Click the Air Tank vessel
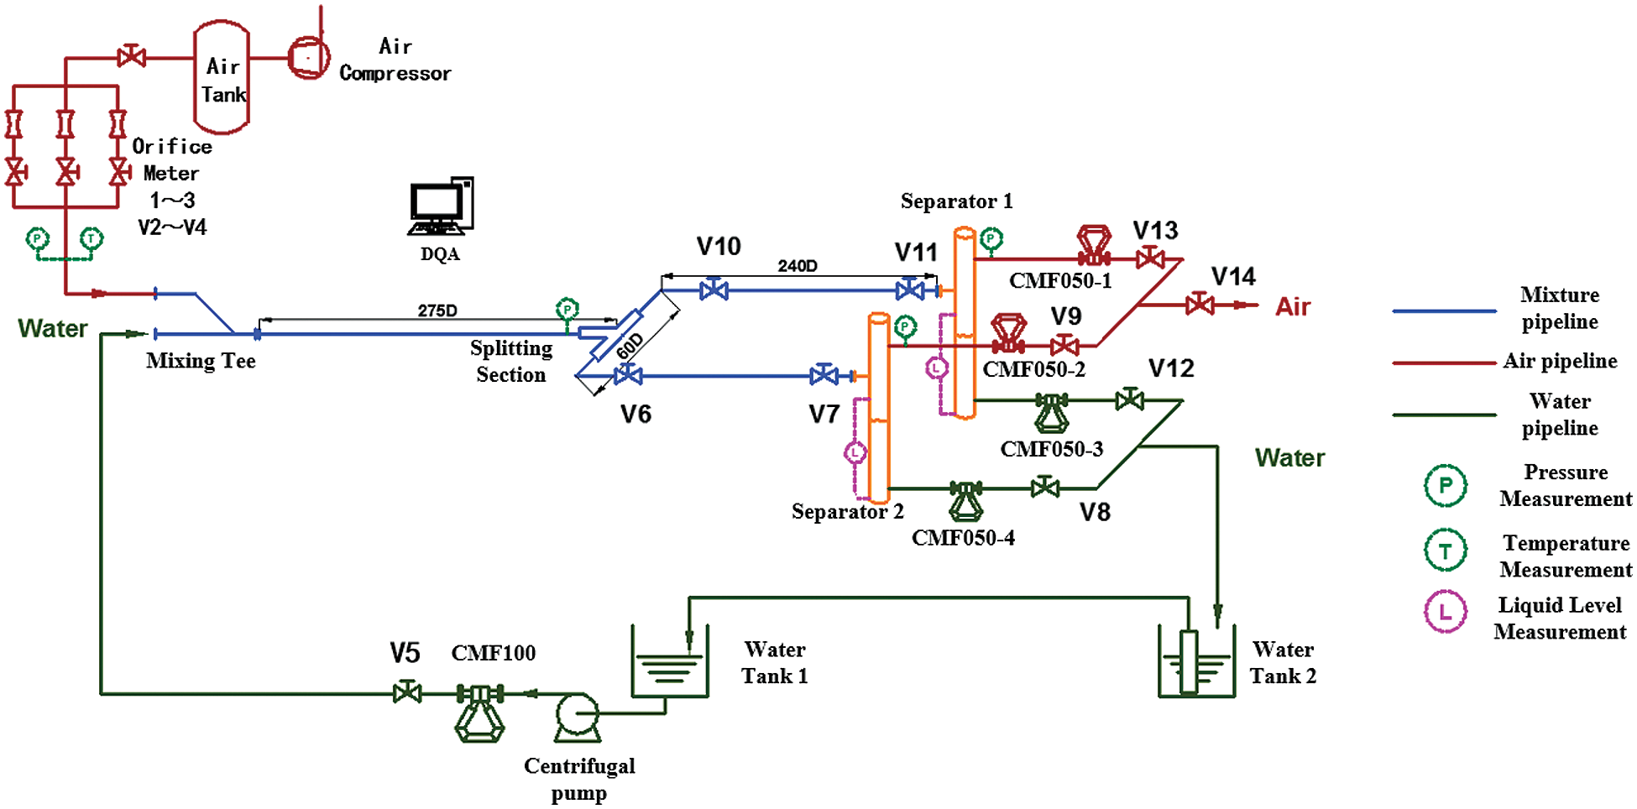(x=222, y=78)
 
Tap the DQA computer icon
(x=441, y=206)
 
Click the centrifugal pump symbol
(x=578, y=716)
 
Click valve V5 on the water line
(x=407, y=692)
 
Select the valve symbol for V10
(x=714, y=290)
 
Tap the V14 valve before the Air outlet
(x=1200, y=304)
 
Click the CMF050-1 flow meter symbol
(x=1094, y=246)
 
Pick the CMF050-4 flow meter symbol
(x=966, y=500)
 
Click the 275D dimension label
(x=437, y=311)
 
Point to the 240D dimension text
(x=797, y=266)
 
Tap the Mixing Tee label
(x=201, y=361)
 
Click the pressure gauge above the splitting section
(x=567, y=310)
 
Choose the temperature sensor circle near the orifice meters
(x=91, y=239)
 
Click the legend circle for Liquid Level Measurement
(x=1445, y=612)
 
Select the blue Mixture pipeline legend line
(x=1444, y=311)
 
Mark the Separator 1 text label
(x=956, y=201)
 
